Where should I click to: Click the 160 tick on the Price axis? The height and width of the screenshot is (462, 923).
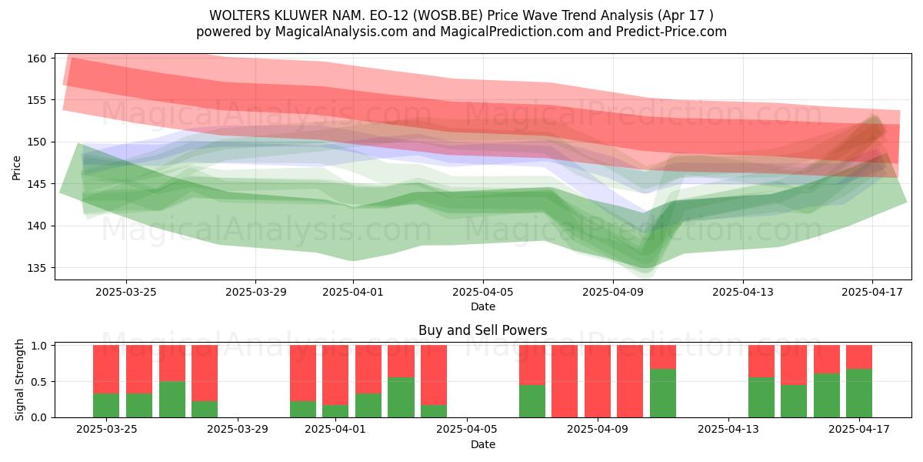37,59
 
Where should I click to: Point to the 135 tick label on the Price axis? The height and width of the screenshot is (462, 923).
37,268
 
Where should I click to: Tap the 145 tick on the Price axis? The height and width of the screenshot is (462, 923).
37,184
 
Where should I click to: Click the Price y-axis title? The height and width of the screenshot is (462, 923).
16,168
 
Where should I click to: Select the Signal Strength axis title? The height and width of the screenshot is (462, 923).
19,380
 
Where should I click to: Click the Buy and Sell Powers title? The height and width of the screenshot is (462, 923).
482,330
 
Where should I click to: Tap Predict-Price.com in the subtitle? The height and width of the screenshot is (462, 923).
671,32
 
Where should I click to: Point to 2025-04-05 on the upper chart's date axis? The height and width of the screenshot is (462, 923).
483,292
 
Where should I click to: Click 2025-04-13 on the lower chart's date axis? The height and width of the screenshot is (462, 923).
728,429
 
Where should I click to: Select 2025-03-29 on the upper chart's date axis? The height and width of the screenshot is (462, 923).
255,292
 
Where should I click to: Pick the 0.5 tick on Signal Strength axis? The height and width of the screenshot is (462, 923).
38,382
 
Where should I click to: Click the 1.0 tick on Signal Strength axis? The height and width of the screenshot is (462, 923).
38,345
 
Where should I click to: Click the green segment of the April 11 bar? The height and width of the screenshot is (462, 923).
663,393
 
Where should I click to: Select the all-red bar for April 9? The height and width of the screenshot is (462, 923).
598,381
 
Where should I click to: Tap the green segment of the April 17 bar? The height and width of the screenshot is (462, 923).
859,393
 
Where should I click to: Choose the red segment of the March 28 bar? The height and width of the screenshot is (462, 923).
205,373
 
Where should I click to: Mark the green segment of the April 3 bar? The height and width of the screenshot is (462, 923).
401,397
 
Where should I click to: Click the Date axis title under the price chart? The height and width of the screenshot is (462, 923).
483,306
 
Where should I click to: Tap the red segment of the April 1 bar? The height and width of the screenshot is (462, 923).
335,375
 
